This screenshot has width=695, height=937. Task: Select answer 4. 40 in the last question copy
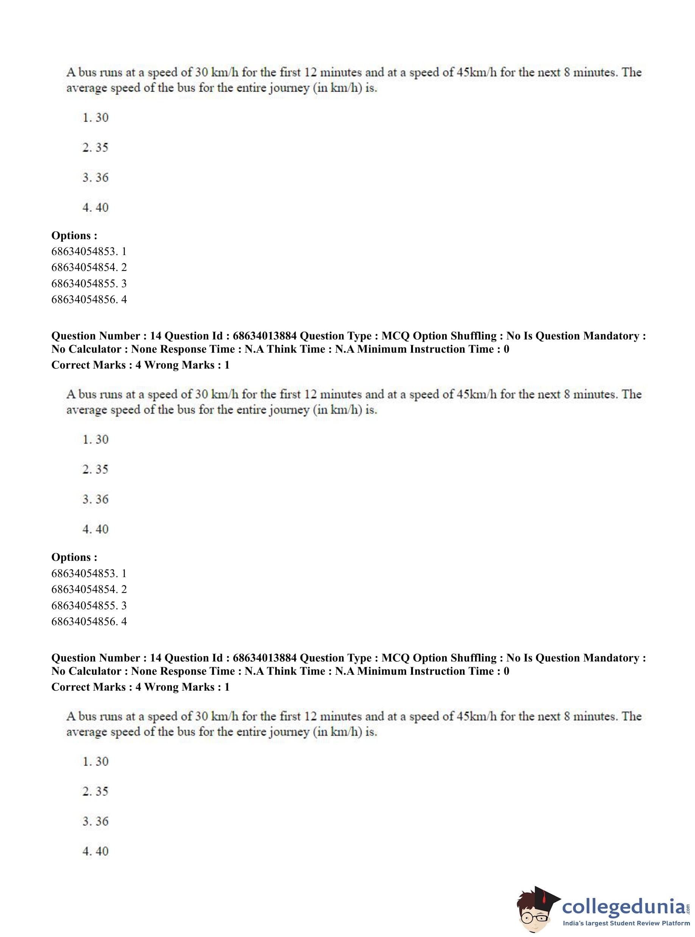[95, 851]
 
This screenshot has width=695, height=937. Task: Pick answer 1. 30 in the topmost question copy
[95, 117]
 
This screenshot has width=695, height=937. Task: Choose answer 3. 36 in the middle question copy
[95, 499]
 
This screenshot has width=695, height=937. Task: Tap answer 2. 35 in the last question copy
[95, 791]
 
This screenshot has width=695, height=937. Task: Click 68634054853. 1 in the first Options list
[89, 252]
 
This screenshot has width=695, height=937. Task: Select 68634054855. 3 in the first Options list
[89, 283]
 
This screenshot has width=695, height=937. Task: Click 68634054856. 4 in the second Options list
[89, 621]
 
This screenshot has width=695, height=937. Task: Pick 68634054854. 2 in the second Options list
[89, 589]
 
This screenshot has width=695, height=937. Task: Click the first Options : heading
[74, 235]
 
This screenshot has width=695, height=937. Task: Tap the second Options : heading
[74, 557]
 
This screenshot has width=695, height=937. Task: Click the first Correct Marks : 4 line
[96, 365]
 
